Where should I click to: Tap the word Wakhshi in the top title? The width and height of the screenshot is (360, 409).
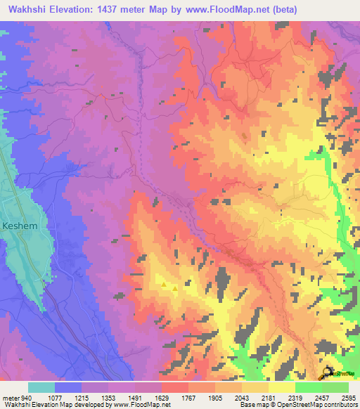pos(29,10)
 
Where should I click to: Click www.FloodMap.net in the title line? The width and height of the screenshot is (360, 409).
pos(225,10)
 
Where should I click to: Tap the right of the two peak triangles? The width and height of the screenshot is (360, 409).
pos(174,287)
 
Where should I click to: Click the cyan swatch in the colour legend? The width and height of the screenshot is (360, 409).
pos(41,387)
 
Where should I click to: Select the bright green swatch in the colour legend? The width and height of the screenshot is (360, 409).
pos(308,387)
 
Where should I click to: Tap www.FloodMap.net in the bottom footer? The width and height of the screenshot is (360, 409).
pos(144,405)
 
